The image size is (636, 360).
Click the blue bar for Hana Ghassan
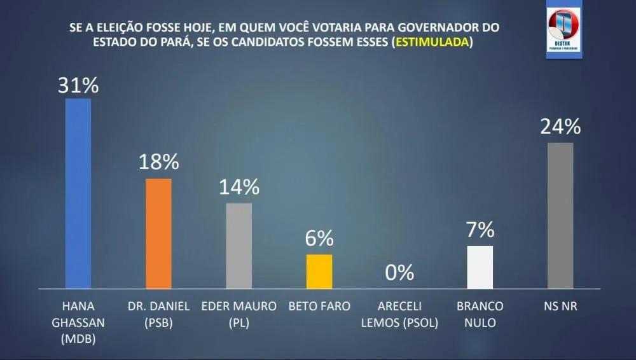[78, 193]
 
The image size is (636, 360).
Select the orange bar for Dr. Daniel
[158, 233]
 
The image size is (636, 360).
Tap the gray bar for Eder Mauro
[239, 246]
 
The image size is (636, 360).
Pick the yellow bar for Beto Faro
[319, 272]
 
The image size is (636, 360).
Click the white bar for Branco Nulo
[480, 267]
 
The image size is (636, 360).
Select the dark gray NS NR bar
[560, 216]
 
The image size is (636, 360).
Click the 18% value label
[159, 162]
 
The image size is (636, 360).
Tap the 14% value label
[239, 187]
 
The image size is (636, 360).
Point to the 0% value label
[399, 273]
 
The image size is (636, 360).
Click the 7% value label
[480, 230]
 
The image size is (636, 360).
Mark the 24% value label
[560, 127]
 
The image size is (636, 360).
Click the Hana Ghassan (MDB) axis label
[78, 322]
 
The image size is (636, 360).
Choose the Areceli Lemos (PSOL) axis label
[399, 314]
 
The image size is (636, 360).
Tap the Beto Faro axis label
[319, 306]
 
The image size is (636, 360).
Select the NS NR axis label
[560, 306]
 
